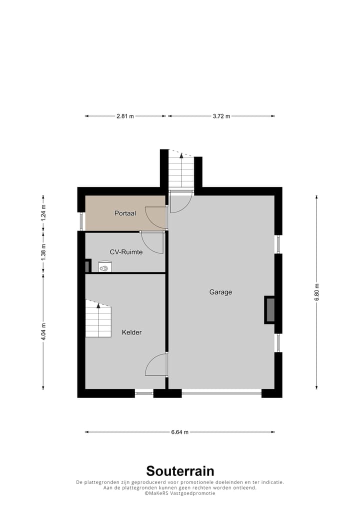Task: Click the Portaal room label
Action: click(x=125, y=213)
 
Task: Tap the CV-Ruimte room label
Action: click(x=126, y=252)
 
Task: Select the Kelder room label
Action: click(x=131, y=332)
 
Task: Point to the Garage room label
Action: click(x=220, y=292)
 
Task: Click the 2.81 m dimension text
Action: click(x=125, y=116)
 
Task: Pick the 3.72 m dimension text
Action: click(x=221, y=116)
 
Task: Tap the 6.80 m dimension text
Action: click(x=316, y=292)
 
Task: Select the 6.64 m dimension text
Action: click(x=179, y=432)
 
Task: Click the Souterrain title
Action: click(x=180, y=470)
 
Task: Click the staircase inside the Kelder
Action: click(x=98, y=319)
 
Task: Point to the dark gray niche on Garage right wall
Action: click(x=269, y=309)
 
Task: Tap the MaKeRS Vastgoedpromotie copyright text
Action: click(x=180, y=493)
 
